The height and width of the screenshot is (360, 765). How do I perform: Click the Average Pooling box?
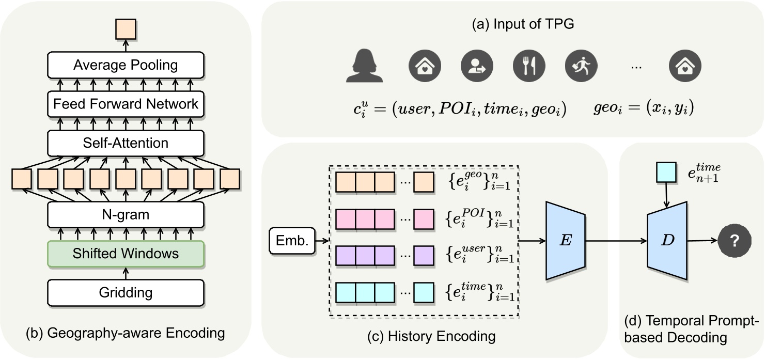[126, 65]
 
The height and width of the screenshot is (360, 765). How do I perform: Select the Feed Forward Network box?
[126, 104]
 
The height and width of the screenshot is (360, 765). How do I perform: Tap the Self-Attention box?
[126, 143]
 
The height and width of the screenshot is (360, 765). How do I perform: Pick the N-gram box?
[126, 214]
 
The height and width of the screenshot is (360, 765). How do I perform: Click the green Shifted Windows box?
[126, 254]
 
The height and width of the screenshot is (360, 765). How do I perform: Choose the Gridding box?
[126, 292]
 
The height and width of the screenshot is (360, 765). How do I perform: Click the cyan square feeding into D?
[666, 173]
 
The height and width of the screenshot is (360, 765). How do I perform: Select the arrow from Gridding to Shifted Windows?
[126, 273]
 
